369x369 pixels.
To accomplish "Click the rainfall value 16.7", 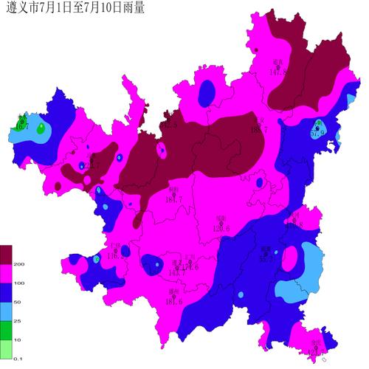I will point(22,127).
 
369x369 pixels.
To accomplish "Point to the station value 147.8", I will point(277,71).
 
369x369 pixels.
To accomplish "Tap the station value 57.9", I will point(318,134).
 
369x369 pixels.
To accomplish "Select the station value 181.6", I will point(173,301).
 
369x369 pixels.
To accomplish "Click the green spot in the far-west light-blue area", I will point(41,129).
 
